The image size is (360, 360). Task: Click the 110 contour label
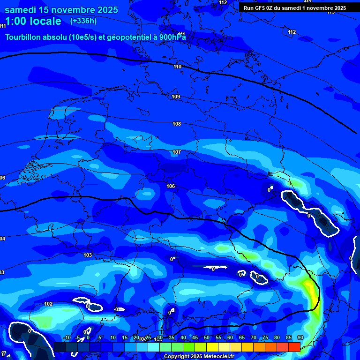[177, 67]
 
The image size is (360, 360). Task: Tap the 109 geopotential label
[176, 97]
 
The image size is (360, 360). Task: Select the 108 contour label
[177, 124]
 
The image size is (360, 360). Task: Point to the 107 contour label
[177, 152]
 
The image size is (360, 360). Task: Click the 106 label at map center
[171, 186]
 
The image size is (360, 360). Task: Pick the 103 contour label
[88, 255]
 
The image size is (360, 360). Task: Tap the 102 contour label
[48, 304]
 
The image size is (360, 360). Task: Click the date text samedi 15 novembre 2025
[61, 10]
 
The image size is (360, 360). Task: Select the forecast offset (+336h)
[83, 21]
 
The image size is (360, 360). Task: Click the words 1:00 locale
[33, 21]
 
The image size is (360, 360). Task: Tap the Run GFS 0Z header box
[294, 7]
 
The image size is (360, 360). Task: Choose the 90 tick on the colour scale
[300, 337]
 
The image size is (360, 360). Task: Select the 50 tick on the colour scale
[207, 337]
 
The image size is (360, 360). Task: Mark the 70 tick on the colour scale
[254, 337]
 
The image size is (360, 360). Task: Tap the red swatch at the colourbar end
[294, 347]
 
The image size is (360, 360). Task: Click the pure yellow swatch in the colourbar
[212, 347]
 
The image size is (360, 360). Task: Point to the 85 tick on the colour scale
[289, 337]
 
